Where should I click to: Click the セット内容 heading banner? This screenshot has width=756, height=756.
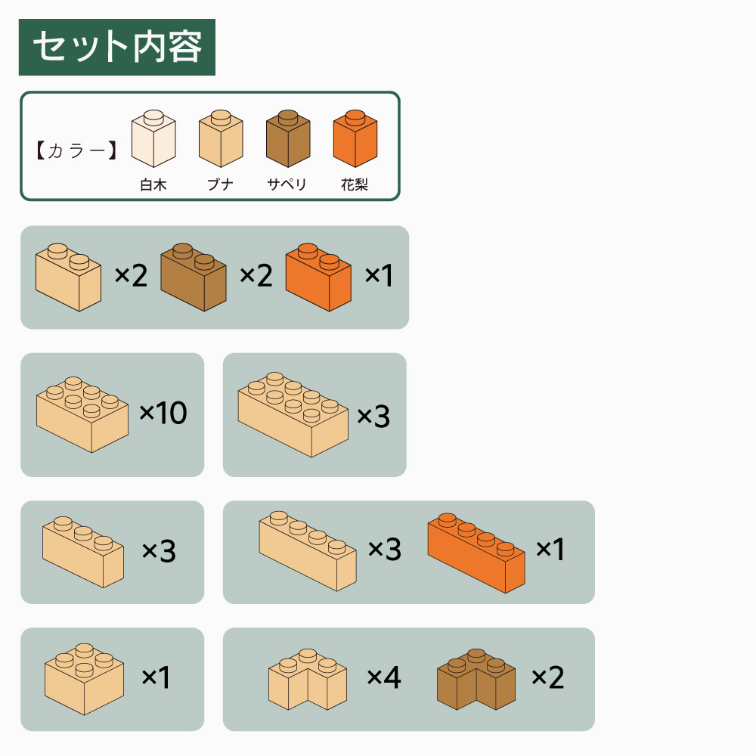[x=116, y=47]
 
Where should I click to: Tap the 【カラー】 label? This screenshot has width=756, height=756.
[x=76, y=150]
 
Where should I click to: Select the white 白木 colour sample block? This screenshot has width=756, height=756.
[x=153, y=138]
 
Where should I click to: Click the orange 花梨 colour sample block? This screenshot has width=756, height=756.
[x=355, y=138]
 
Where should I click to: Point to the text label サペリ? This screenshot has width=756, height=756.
[x=287, y=184]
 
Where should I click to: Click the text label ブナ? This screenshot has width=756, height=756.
[x=220, y=184]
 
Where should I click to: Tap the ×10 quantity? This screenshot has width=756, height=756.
[x=163, y=413]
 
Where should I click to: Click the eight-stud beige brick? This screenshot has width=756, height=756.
[x=293, y=414]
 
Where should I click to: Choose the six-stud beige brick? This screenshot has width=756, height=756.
[x=82, y=414]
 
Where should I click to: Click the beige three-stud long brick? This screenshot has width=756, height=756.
[x=83, y=552]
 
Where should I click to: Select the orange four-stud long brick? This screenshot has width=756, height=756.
[x=476, y=553]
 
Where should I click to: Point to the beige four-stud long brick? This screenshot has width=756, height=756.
[x=308, y=551]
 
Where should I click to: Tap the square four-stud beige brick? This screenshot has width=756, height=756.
[x=85, y=679]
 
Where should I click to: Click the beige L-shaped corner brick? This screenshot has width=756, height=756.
[x=308, y=679]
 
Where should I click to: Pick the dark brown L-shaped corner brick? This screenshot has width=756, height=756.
[x=476, y=679]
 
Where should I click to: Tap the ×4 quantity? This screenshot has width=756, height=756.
[x=384, y=677]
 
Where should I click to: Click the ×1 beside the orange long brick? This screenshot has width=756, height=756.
[x=550, y=549]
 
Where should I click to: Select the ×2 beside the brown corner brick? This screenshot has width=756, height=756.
[x=547, y=677]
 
